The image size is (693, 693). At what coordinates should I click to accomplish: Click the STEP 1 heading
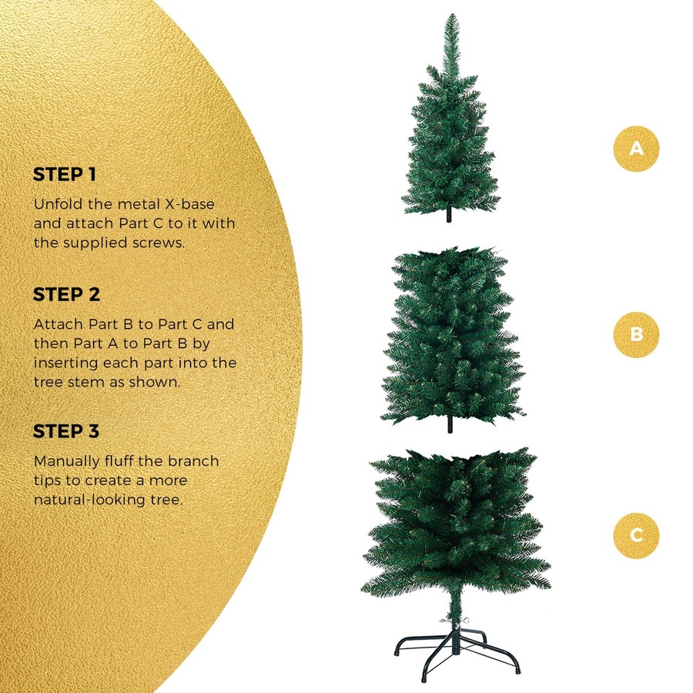pyautogui.click(x=65, y=175)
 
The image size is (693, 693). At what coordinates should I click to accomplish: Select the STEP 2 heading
pyautogui.click(x=66, y=295)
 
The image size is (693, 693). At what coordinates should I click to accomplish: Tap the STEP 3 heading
pyautogui.click(x=66, y=431)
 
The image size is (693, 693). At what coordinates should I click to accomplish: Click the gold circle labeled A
pyautogui.click(x=636, y=148)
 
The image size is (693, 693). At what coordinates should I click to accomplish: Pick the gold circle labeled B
pyautogui.click(x=636, y=334)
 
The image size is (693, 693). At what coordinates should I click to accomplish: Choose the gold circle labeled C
pyautogui.click(x=636, y=534)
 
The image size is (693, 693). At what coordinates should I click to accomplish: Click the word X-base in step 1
pyautogui.click(x=188, y=205)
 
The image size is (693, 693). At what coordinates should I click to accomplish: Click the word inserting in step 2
pyautogui.click(x=64, y=362)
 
